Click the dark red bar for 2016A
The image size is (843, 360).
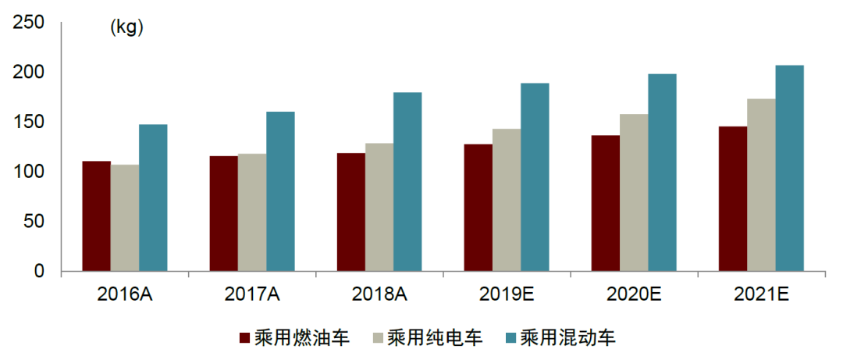click(x=96, y=216)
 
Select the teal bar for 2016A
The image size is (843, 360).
click(x=153, y=198)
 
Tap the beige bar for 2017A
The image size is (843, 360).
click(x=252, y=212)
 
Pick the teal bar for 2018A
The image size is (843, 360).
click(x=407, y=182)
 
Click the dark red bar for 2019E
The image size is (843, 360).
click(x=478, y=208)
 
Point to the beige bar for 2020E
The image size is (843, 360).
click(x=634, y=193)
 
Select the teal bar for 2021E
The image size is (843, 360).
click(x=789, y=168)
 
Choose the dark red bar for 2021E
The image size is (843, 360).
click(x=732, y=199)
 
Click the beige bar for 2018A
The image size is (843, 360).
click(x=379, y=207)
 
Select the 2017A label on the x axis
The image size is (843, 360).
click(x=253, y=294)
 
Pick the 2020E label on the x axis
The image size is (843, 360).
click(x=634, y=294)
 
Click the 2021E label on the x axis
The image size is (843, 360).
click(x=761, y=294)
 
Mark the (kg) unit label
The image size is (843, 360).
click(x=127, y=28)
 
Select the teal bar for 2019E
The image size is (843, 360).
click(x=535, y=177)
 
